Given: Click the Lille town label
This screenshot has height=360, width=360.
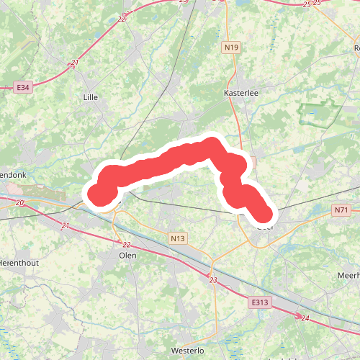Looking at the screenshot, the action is [91, 96].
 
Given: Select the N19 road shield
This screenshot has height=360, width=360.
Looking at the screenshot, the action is [230, 48].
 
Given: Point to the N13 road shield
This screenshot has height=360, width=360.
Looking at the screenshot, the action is [178, 238].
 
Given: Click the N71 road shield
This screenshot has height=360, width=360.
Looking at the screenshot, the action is [341, 210].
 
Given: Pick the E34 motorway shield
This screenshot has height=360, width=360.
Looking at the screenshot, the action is [24, 87].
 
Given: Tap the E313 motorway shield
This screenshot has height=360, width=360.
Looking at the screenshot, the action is [261, 303].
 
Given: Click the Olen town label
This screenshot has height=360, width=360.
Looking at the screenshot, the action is [127, 256].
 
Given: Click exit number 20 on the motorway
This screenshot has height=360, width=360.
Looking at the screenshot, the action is [20, 204].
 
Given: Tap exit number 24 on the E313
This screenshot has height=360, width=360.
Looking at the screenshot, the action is [305, 318].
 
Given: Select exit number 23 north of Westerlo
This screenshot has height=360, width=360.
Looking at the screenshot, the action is [213, 279].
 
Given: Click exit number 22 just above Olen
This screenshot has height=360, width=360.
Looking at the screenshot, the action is [127, 245].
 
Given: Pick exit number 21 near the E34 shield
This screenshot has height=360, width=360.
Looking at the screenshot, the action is [75, 63].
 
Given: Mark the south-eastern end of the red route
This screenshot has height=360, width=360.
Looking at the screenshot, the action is [264, 214].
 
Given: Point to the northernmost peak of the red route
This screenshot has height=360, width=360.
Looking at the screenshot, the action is [212, 143].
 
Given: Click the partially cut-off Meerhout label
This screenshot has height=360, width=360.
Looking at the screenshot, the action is [348, 276].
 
